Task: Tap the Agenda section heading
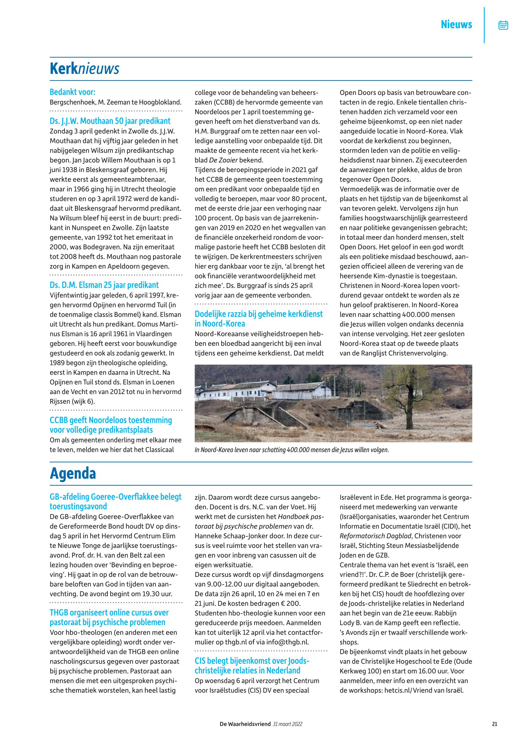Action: (73, 474)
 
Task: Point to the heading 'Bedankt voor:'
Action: (72, 92)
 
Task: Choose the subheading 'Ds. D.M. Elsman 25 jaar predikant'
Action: (104, 285)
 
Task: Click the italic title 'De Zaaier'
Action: (224, 160)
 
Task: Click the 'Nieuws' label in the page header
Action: (456, 25)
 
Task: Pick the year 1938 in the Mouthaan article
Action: (69, 170)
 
